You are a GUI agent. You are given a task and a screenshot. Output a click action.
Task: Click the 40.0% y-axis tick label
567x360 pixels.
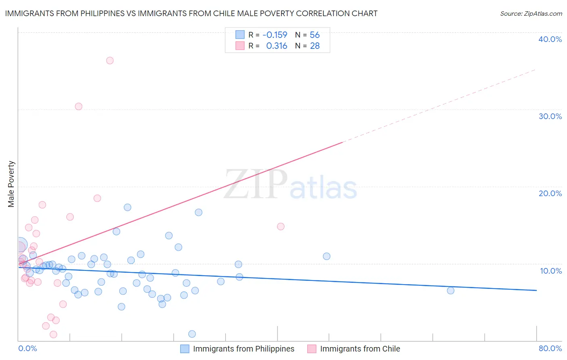550,39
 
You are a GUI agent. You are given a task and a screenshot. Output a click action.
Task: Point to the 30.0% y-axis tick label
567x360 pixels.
550,116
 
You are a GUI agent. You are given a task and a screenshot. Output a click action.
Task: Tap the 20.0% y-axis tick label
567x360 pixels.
550,193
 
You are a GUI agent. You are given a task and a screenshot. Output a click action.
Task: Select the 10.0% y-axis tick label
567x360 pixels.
550,271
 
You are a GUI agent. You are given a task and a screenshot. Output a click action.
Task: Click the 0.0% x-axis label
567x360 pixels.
27,348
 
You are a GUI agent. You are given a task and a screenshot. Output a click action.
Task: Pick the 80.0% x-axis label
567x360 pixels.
550,348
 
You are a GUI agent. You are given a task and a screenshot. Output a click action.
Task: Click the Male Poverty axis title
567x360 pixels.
11,184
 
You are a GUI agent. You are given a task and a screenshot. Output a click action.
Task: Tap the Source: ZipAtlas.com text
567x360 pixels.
531,14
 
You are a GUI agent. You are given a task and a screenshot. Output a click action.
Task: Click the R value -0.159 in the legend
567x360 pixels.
275,35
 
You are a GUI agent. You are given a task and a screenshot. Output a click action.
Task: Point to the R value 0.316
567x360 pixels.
277,46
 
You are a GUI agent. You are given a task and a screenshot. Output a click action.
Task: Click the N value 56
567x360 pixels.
315,35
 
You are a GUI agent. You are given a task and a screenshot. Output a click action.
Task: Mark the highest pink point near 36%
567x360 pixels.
110,61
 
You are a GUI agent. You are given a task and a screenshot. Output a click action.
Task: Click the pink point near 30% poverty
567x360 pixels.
79,107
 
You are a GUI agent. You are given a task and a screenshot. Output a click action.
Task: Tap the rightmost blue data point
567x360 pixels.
450,291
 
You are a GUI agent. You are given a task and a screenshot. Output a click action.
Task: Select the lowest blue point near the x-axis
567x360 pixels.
192,334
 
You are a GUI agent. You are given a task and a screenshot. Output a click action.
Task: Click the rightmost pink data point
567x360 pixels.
281,226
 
